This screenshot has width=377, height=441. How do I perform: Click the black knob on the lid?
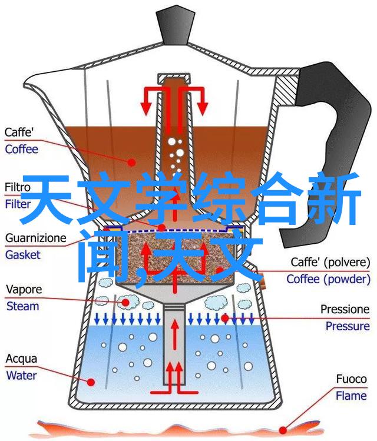[x=175, y=26]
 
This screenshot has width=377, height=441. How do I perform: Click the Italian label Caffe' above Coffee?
[x=19, y=132]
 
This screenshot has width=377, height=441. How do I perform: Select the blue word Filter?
[x=18, y=204]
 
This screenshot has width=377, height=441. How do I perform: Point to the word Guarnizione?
[x=36, y=238]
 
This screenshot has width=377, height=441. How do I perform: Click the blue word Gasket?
[x=23, y=255]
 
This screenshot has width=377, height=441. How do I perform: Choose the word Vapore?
[x=24, y=290]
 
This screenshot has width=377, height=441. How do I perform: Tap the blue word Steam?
[x=22, y=306]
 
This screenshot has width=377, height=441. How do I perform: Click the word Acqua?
[x=21, y=359]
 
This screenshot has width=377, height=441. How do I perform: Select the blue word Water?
[x=21, y=376]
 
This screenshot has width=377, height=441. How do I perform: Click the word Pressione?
[x=345, y=309]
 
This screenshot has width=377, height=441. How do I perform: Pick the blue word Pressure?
[x=348, y=326]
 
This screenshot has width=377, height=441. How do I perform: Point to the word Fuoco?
[x=352, y=379]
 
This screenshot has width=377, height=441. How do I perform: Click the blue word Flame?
[x=352, y=396]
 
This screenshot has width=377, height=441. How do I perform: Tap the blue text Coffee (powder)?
[x=329, y=279]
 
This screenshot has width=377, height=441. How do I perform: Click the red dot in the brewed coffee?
[x=131, y=162]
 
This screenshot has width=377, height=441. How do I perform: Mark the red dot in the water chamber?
[x=91, y=382]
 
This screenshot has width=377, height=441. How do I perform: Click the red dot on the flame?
[x=283, y=430]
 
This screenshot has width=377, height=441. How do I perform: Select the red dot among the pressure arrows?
[x=225, y=318]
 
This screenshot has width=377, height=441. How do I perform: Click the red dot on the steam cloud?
[x=125, y=303]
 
